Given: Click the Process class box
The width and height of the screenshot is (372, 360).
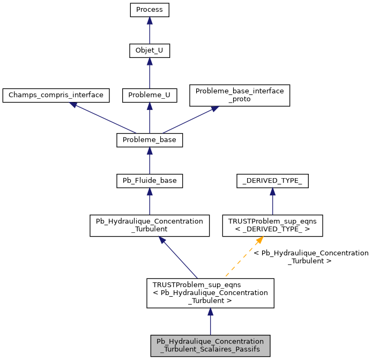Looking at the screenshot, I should pyautogui.click(x=150, y=10).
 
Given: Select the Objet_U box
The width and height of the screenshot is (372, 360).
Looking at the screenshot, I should pyautogui.click(x=150, y=52).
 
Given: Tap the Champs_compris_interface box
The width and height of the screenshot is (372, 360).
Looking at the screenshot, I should pyautogui.click(x=56, y=95).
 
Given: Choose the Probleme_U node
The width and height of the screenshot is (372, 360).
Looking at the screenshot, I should pyautogui.click(x=150, y=95).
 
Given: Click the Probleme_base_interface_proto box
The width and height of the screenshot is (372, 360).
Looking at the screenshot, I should pyautogui.click(x=240, y=95).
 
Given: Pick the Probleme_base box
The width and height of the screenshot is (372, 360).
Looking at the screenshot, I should pyautogui.click(x=150, y=140).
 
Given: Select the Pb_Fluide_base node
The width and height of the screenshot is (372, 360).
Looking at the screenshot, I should pyautogui.click(x=150, y=181).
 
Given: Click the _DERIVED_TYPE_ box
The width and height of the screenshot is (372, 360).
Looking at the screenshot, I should pyautogui.click(x=272, y=181).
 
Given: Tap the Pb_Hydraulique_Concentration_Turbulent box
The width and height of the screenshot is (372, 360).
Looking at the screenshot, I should pyautogui.click(x=150, y=226).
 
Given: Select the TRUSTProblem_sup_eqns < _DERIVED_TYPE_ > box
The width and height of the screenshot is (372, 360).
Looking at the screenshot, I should pyautogui.click(x=272, y=226).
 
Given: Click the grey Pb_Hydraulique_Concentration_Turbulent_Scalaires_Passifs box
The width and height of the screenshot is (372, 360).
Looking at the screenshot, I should pyautogui.click(x=210, y=346).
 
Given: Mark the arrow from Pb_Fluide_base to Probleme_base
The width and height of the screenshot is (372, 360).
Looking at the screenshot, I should pyautogui.click(x=150, y=161).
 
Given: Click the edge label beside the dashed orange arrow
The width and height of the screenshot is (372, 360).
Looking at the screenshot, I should pyautogui.click(x=310, y=256).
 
